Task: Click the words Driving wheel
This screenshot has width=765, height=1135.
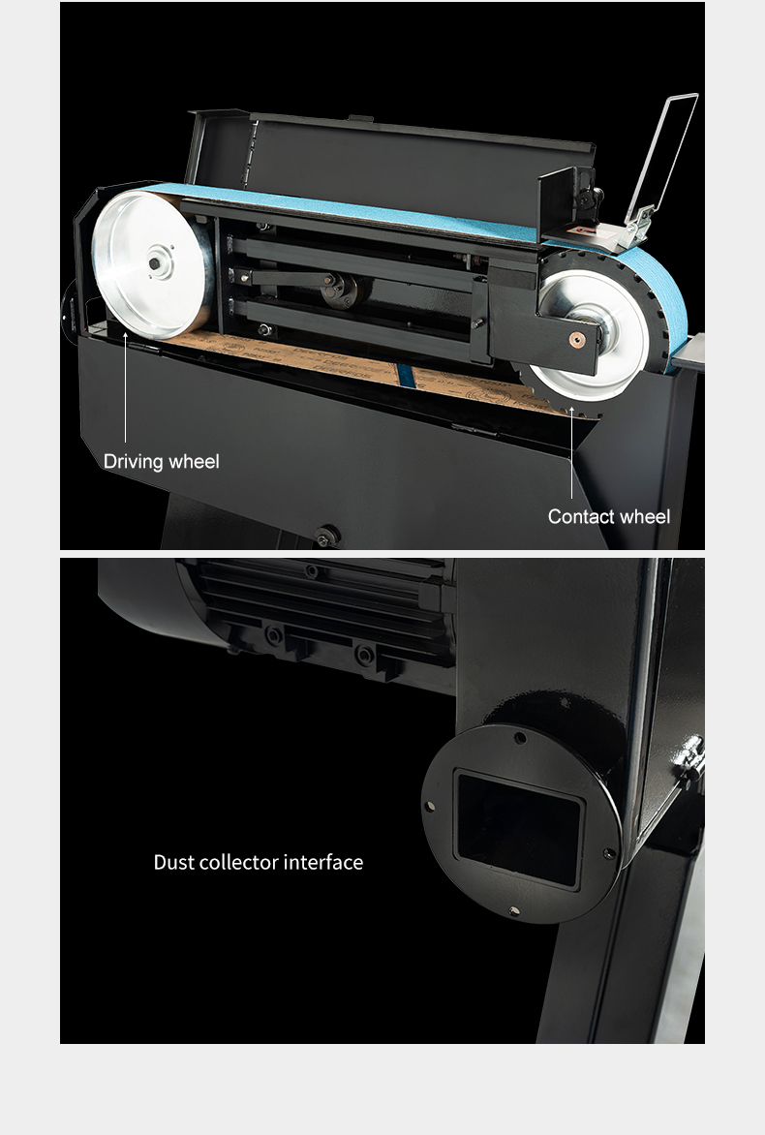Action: pyautogui.click(x=161, y=462)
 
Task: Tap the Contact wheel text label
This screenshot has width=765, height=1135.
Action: pyautogui.click(x=609, y=516)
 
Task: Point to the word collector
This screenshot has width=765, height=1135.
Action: pyautogui.click(x=238, y=862)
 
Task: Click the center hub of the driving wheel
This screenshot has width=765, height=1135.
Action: pyautogui.click(x=155, y=263)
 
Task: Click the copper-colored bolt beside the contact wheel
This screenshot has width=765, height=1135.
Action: pyautogui.click(x=577, y=339)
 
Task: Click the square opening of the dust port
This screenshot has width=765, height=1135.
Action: pyautogui.click(x=519, y=828)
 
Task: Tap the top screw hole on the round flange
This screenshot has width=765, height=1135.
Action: pyautogui.click(x=520, y=738)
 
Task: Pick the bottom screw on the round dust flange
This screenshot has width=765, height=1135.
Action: pyautogui.click(x=514, y=910)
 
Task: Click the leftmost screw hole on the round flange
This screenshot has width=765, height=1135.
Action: pyautogui.click(x=430, y=806)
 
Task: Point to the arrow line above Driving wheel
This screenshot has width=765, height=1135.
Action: pyautogui.click(x=125, y=386)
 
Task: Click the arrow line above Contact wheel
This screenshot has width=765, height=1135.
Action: pyautogui.click(x=571, y=452)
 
